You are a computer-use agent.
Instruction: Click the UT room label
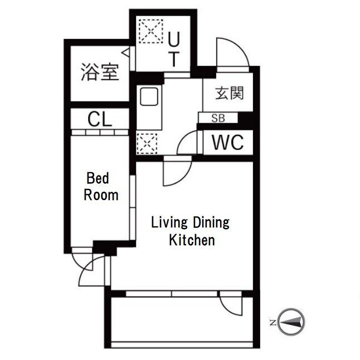(x=174, y=49)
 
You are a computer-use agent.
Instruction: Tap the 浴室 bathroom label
(x=100, y=72)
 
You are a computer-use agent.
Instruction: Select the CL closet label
(x=100, y=119)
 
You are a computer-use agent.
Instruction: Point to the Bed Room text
(x=101, y=187)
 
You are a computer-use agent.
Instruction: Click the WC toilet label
(x=227, y=142)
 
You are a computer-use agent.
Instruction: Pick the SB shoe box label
(x=218, y=118)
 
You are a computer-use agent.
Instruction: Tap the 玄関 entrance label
(x=230, y=93)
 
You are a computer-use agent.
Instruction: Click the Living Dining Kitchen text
(x=191, y=231)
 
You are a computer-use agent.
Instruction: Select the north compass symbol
(x=291, y=322)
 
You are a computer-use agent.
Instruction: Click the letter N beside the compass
(x=273, y=323)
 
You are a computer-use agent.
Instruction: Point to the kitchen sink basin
(x=149, y=96)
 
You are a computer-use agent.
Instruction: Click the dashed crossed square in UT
(x=151, y=31)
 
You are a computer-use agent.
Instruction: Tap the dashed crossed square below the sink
(x=147, y=143)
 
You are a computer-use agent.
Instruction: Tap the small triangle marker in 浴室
(x=125, y=52)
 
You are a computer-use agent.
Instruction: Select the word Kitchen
(x=192, y=240)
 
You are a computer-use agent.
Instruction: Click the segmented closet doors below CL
(x=100, y=133)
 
